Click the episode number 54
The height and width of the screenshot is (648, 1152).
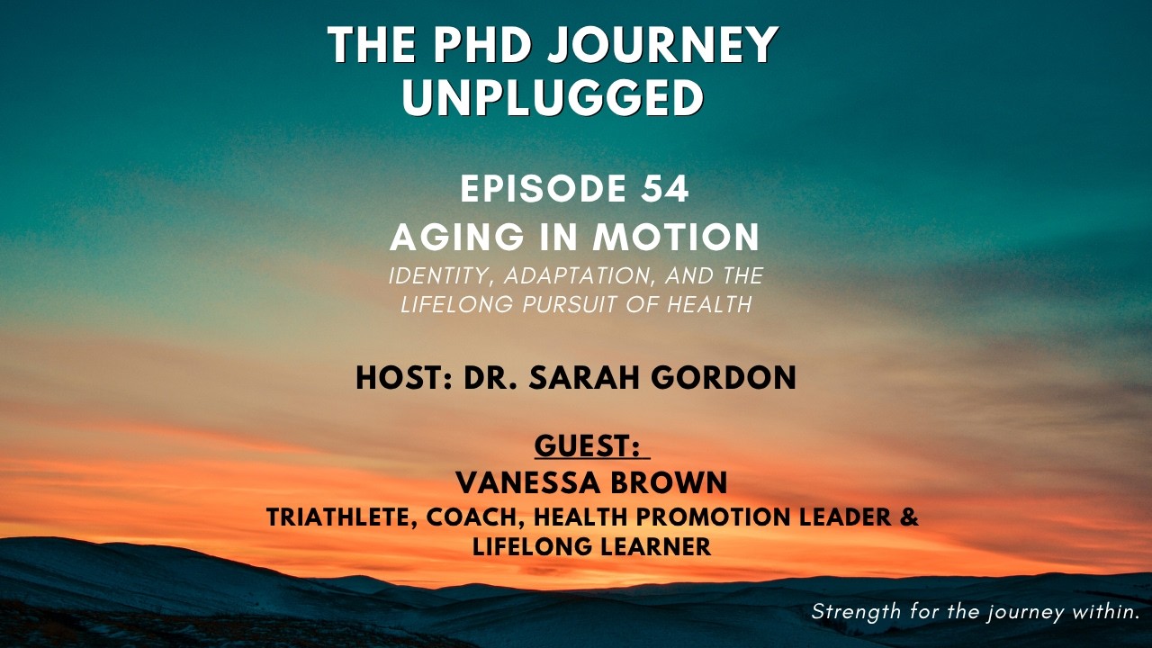point(668,189)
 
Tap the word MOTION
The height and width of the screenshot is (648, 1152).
point(676,237)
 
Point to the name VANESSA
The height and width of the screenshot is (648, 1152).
point(529,483)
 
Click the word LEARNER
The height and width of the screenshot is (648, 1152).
point(660,545)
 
